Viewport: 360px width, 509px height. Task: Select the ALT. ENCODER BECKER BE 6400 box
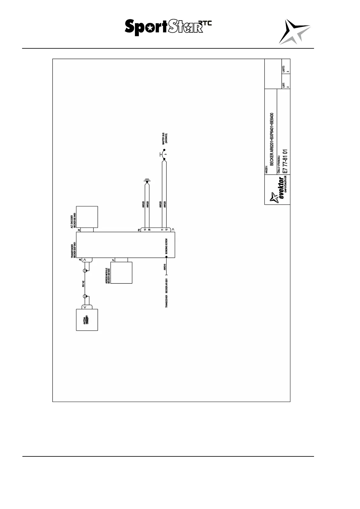[87, 217]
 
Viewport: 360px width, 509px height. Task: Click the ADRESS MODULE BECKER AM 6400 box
[121, 273]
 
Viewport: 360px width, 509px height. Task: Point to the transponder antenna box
[87, 320]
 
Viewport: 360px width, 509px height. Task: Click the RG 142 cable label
[83, 284]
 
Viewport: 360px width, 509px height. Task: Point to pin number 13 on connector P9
[145, 230]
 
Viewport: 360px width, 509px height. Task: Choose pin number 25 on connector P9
[149, 230]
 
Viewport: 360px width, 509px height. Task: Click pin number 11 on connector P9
[162, 230]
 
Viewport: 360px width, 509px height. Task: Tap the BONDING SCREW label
[166, 246]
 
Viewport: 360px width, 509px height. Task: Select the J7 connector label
[113, 260]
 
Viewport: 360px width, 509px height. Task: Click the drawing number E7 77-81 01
[284, 161]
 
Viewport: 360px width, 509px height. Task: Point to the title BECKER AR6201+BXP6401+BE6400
[272, 139]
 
